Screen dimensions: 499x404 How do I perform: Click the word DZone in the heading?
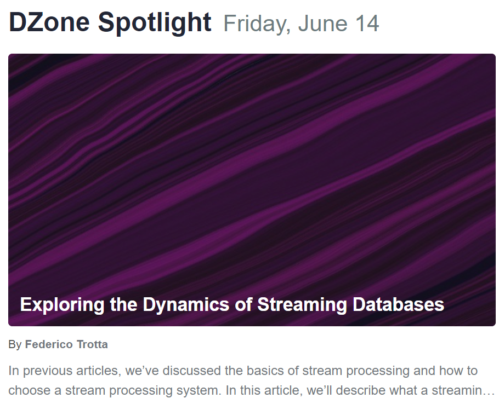pyautogui.click(x=49, y=22)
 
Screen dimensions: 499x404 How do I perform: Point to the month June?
pyautogui.click(x=322, y=24)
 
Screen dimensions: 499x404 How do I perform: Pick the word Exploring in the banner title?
pyautogui.click(x=62, y=305)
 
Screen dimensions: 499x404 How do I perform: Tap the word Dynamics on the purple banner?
pyautogui.click(x=186, y=305)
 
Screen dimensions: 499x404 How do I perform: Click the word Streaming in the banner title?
pyautogui.click(x=302, y=305)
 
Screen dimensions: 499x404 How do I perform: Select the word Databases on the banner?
pyautogui.click(x=399, y=304)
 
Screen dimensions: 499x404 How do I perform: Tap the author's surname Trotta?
pyautogui.click(x=92, y=344)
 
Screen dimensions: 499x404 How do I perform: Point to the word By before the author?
pyautogui.click(x=15, y=345)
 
